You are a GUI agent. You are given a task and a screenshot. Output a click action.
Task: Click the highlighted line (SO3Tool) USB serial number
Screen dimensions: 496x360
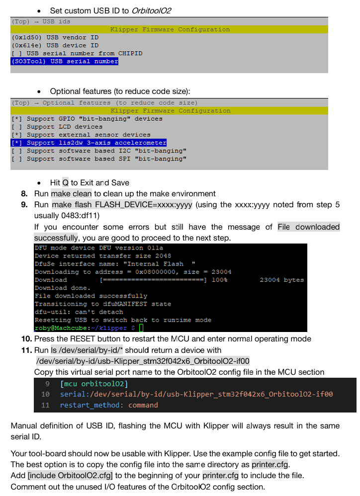click(65, 62)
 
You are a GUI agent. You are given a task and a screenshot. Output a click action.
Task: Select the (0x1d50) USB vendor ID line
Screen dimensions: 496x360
click(55, 37)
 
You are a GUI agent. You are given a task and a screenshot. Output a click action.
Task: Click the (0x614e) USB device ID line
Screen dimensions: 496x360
click(55, 45)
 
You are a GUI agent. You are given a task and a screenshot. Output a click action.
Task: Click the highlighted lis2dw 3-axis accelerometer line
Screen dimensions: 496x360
click(89, 143)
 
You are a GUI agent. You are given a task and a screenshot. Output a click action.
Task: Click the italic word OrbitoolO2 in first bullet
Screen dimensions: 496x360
click(152, 10)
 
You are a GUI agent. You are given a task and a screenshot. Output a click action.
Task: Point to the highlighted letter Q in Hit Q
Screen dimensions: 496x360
click(65, 182)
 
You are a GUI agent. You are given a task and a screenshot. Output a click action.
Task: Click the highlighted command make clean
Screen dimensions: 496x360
click(72, 193)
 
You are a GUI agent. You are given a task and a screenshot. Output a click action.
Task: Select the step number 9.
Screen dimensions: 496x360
click(24, 204)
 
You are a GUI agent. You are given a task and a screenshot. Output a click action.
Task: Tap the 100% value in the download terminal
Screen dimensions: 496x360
click(219, 280)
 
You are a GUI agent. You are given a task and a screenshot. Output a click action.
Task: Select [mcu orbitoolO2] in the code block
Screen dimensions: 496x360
click(94, 384)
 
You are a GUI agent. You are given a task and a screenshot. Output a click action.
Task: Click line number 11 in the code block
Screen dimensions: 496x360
click(46, 405)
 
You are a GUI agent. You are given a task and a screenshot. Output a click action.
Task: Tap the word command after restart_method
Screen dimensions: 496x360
click(143, 405)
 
